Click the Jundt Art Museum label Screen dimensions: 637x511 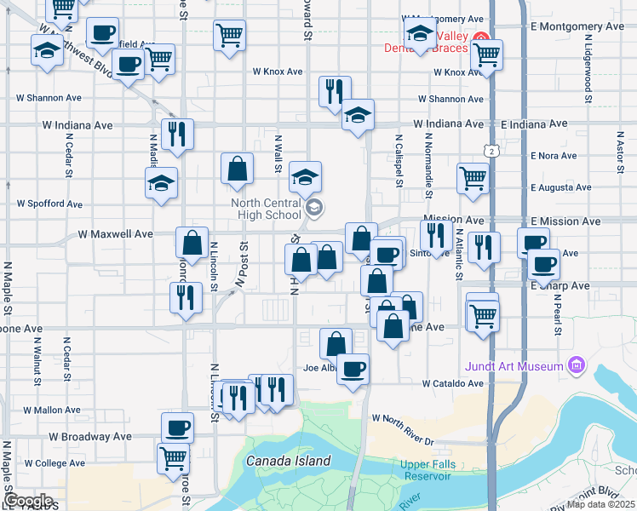514,367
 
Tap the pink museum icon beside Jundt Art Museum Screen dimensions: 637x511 577,366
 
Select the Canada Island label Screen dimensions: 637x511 288,461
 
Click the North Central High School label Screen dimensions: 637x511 266,209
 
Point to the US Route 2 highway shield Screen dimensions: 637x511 492,151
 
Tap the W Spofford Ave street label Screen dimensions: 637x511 50,204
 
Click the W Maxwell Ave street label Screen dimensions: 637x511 115,233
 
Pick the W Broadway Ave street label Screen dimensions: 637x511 90,436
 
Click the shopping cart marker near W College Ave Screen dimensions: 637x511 174,456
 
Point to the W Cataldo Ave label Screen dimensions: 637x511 452,384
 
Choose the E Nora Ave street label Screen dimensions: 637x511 554,156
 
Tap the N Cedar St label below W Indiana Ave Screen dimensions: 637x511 67,159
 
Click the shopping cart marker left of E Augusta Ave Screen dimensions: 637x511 473,178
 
